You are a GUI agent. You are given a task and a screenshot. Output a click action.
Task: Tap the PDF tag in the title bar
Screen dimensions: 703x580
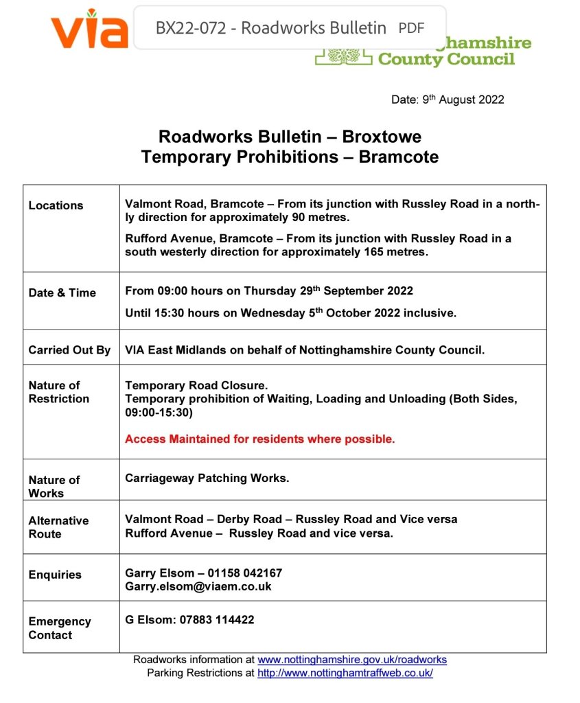pyautogui.click(x=411, y=28)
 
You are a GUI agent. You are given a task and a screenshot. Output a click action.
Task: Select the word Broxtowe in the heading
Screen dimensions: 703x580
pyautogui.click(x=382, y=136)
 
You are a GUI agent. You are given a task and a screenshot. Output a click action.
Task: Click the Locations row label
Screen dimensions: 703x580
pyautogui.click(x=56, y=205)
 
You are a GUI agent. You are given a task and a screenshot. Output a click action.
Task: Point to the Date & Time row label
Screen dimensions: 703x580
pyautogui.click(x=62, y=292)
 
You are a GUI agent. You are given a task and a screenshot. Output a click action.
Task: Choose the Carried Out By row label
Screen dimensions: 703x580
pyautogui.click(x=69, y=350)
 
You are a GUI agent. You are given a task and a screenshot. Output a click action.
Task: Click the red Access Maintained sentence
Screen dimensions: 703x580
pyautogui.click(x=259, y=439)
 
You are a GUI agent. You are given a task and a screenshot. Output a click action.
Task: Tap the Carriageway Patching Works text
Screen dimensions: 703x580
pyautogui.click(x=207, y=478)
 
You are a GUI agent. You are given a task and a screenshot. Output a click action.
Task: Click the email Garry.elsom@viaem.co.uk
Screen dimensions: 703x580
pyautogui.click(x=198, y=586)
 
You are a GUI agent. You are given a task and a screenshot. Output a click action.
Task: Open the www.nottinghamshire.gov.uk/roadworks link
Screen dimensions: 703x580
pyautogui.click(x=351, y=660)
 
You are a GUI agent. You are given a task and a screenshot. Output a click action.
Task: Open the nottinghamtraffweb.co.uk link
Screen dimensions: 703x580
pyautogui.click(x=345, y=673)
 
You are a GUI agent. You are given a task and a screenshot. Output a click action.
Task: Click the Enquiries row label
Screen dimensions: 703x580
pyautogui.click(x=55, y=575)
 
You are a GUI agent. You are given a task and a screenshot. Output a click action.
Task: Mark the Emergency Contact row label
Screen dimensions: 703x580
pyautogui.click(x=59, y=628)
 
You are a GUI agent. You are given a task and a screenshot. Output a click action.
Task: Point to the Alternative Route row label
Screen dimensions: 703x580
pyautogui.click(x=58, y=527)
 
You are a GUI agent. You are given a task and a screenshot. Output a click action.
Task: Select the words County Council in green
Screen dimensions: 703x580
pyautogui.click(x=446, y=60)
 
